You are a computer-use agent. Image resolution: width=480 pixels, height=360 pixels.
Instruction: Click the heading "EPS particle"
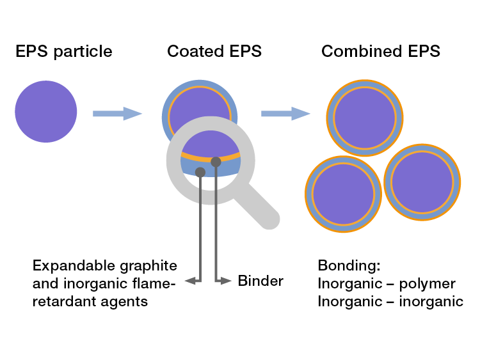(x=64, y=52)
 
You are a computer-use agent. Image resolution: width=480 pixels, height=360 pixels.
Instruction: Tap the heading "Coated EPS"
(x=214, y=52)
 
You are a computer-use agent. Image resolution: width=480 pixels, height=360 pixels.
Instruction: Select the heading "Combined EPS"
(x=381, y=52)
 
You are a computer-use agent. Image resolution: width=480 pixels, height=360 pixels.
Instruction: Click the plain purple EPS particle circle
(x=46, y=113)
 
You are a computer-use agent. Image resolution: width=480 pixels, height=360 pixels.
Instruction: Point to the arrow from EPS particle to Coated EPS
(x=117, y=114)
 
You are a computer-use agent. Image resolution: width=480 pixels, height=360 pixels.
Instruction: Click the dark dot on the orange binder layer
(x=216, y=162)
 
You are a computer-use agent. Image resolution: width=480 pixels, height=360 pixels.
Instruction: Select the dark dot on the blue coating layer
(x=200, y=171)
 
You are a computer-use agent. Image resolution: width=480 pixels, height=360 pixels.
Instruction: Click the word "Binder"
(x=260, y=281)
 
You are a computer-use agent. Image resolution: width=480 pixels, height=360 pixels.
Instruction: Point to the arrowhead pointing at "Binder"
(x=225, y=281)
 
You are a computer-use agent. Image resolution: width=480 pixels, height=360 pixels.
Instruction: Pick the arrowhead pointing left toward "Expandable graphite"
(x=189, y=281)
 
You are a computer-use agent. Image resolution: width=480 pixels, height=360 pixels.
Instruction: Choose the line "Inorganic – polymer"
(x=386, y=283)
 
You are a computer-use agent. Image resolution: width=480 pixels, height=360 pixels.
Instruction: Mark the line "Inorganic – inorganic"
(x=390, y=301)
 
